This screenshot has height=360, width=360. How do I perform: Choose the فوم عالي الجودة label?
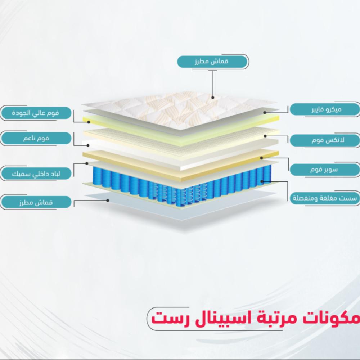35,113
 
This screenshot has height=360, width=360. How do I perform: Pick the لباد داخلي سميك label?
35,174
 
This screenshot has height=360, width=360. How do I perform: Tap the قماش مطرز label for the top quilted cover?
212,62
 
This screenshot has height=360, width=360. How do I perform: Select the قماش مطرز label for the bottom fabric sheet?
35,202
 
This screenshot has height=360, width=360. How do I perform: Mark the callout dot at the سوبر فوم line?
262,157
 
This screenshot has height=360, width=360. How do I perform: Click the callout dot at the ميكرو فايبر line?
265,113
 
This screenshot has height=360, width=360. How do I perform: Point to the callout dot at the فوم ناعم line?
89,145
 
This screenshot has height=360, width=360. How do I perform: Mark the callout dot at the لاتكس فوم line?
265,136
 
